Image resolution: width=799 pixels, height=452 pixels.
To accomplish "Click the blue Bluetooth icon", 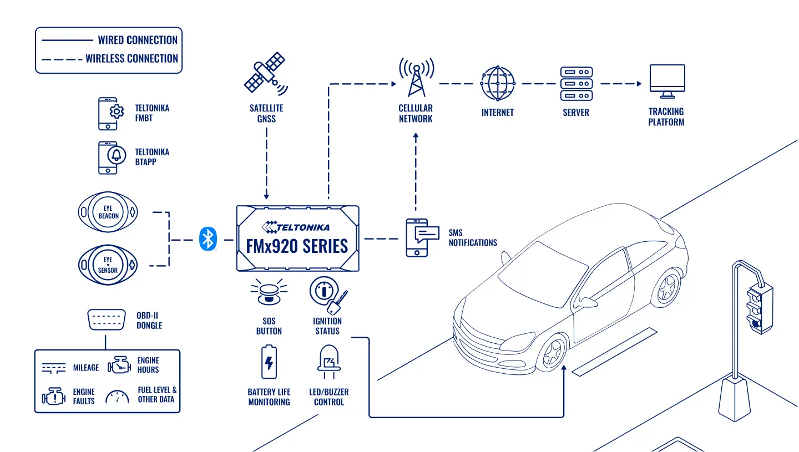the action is [208, 239].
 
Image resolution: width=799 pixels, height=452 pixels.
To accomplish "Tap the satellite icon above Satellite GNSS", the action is [266, 73].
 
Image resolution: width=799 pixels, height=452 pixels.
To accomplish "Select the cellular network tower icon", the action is [416, 77].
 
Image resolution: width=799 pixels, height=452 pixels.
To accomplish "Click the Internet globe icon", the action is [498, 83].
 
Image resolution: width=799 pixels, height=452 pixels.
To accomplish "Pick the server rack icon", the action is [577, 84].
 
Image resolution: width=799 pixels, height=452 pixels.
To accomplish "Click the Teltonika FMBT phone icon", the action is [111, 114].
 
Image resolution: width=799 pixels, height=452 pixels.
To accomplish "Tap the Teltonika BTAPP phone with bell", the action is [112, 158].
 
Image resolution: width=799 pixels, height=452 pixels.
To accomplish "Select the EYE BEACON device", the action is [108, 212].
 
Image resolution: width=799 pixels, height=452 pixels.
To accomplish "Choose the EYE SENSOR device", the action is [108, 265].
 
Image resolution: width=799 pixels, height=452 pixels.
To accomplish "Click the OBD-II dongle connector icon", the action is [107, 320].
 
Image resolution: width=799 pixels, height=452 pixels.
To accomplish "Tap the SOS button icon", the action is [269, 292].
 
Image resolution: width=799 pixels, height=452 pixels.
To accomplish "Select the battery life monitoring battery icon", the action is [269, 362].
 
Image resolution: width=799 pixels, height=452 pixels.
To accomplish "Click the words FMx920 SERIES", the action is [297, 246].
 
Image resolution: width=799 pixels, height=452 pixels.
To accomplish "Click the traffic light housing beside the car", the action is [760, 309].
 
